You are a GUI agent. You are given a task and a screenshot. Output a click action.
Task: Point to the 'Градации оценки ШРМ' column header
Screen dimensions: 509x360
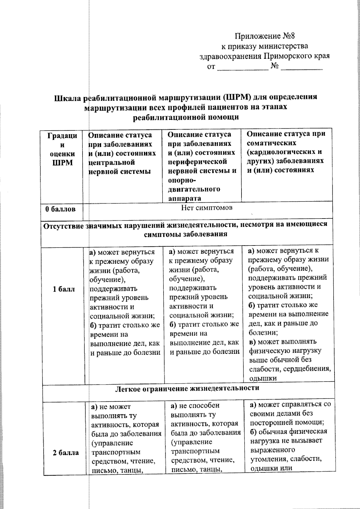[62, 149]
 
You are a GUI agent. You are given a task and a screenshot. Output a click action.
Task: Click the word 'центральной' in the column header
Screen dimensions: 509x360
[112, 162]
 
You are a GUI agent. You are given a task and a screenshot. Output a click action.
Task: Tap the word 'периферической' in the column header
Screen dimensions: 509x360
[197, 162]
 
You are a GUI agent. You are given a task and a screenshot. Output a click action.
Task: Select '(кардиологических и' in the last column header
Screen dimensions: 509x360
[284, 152]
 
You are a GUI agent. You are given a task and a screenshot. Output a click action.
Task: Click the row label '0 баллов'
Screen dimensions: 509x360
[60, 209]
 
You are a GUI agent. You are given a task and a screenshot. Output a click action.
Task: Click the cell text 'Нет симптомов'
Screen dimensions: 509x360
[206, 208]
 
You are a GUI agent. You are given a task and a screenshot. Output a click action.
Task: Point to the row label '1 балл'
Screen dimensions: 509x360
[64, 289]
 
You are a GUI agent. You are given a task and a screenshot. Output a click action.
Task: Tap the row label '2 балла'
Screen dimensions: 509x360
[66, 453]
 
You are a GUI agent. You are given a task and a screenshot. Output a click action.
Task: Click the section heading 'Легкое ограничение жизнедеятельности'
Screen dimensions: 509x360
[187, 388]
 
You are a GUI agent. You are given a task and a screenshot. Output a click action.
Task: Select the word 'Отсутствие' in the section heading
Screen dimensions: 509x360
[63, 225]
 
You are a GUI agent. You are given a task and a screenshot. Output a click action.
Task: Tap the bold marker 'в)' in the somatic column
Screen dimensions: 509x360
[253, 342]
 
